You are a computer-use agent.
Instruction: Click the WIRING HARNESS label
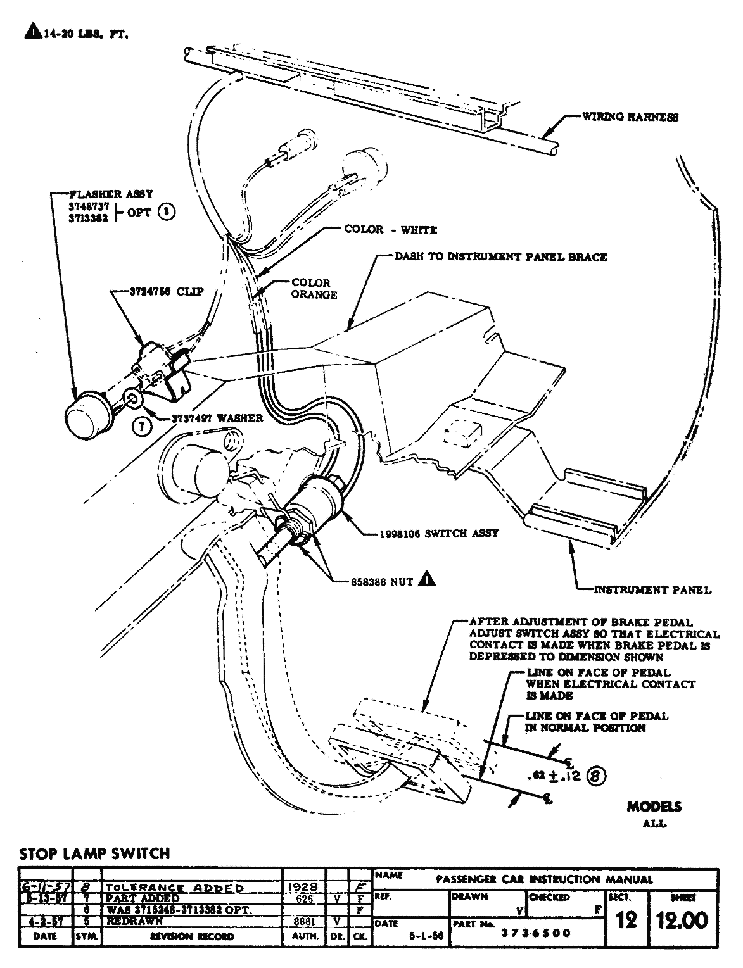[x=630, y=117]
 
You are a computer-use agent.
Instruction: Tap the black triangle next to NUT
[x=427, y=579]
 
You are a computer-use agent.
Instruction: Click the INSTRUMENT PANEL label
[x=652, y=590]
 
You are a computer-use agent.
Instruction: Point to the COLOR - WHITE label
[x=390, y=230]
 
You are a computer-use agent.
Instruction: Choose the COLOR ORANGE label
[x=314, y=289]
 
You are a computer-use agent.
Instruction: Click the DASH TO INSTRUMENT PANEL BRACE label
[x=500, y=257]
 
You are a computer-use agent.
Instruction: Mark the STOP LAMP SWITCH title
[x=94, y=853]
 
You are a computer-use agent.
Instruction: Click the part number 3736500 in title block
[x=536, y=933]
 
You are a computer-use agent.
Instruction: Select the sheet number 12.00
[x=682, y=920]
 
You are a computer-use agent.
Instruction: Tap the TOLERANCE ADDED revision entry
[x=175, y=888]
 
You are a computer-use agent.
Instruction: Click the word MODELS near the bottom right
[x=654, y=807]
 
